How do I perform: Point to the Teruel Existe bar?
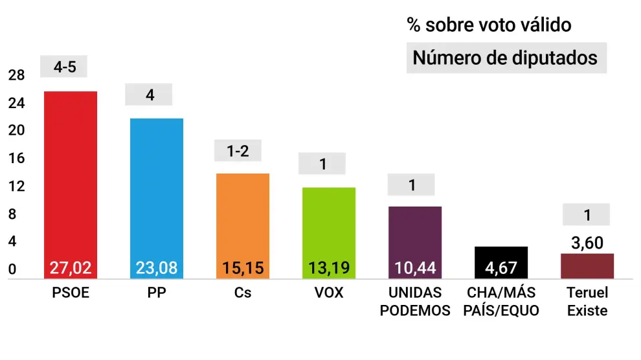coord(587,265)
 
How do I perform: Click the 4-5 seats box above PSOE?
coord(64,66)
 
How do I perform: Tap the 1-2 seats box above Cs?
coord(237,151)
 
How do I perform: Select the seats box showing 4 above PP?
coord(150,95)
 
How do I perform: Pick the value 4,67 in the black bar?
coord(501,267)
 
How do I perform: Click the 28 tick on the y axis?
coord(16,76)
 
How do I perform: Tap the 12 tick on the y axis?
coord(16,186)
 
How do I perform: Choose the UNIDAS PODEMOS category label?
coord(414,302)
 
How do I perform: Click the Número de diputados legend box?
coord(506,58)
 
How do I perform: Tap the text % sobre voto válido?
coord(489,25)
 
